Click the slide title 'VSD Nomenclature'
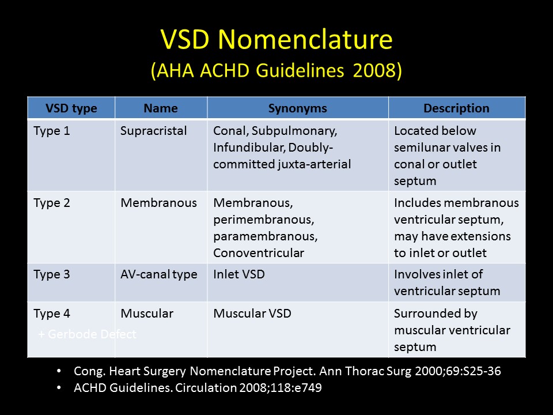[276, 40]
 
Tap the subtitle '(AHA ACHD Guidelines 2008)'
[276, 71]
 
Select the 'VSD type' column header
[71, 108]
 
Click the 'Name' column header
[161, 108]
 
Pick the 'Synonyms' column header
[297, 108]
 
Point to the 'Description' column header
[456, 108]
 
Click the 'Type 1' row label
[52, 131]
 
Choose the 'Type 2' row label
[52, 203]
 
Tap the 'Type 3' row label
[52, 274]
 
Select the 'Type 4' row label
[52, 314]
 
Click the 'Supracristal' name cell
[154, 131]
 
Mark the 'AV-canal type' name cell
[159, 274]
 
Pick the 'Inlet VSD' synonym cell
[239, 274]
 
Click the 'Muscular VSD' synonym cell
[252, 314]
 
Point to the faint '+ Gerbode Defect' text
[88, 334]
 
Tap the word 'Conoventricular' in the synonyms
[259, 252]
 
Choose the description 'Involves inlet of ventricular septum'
[446, 282]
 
